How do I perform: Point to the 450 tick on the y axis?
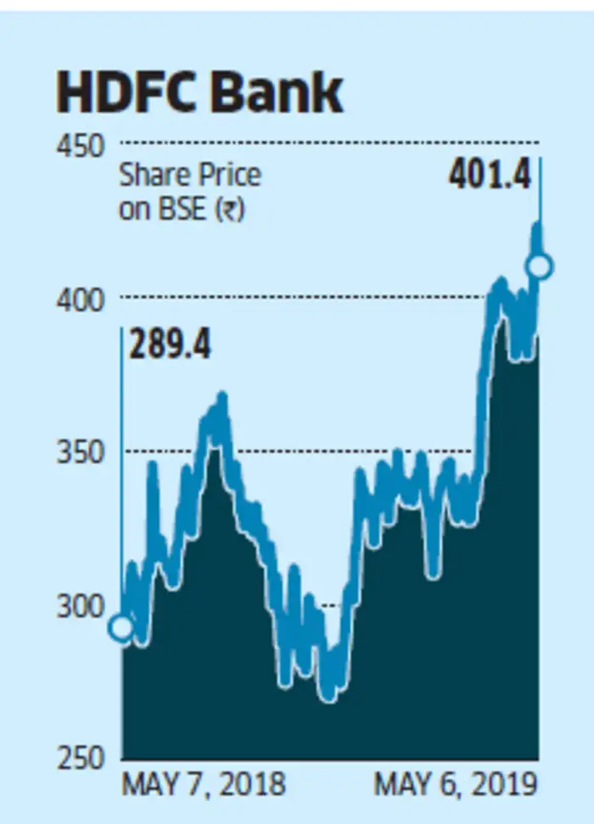(x=81, y=146)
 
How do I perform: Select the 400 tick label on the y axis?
(x=81, y=300)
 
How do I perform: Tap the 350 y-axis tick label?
(x=81, y=452)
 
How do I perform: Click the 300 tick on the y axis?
(x=81, y=606)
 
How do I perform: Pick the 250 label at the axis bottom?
(x=81, y=758)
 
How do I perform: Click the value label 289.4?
(x=170, y=346)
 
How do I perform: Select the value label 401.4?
(x=489, y=177)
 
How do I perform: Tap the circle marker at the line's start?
(x=121, y=627)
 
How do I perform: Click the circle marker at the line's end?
(x=539, y=267)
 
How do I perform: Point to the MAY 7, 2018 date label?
(x=204, y=785)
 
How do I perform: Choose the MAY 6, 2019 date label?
(x=456, y=785)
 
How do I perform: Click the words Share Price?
(x=189, y=176)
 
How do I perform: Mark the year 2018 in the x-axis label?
(x=252, y=785)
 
